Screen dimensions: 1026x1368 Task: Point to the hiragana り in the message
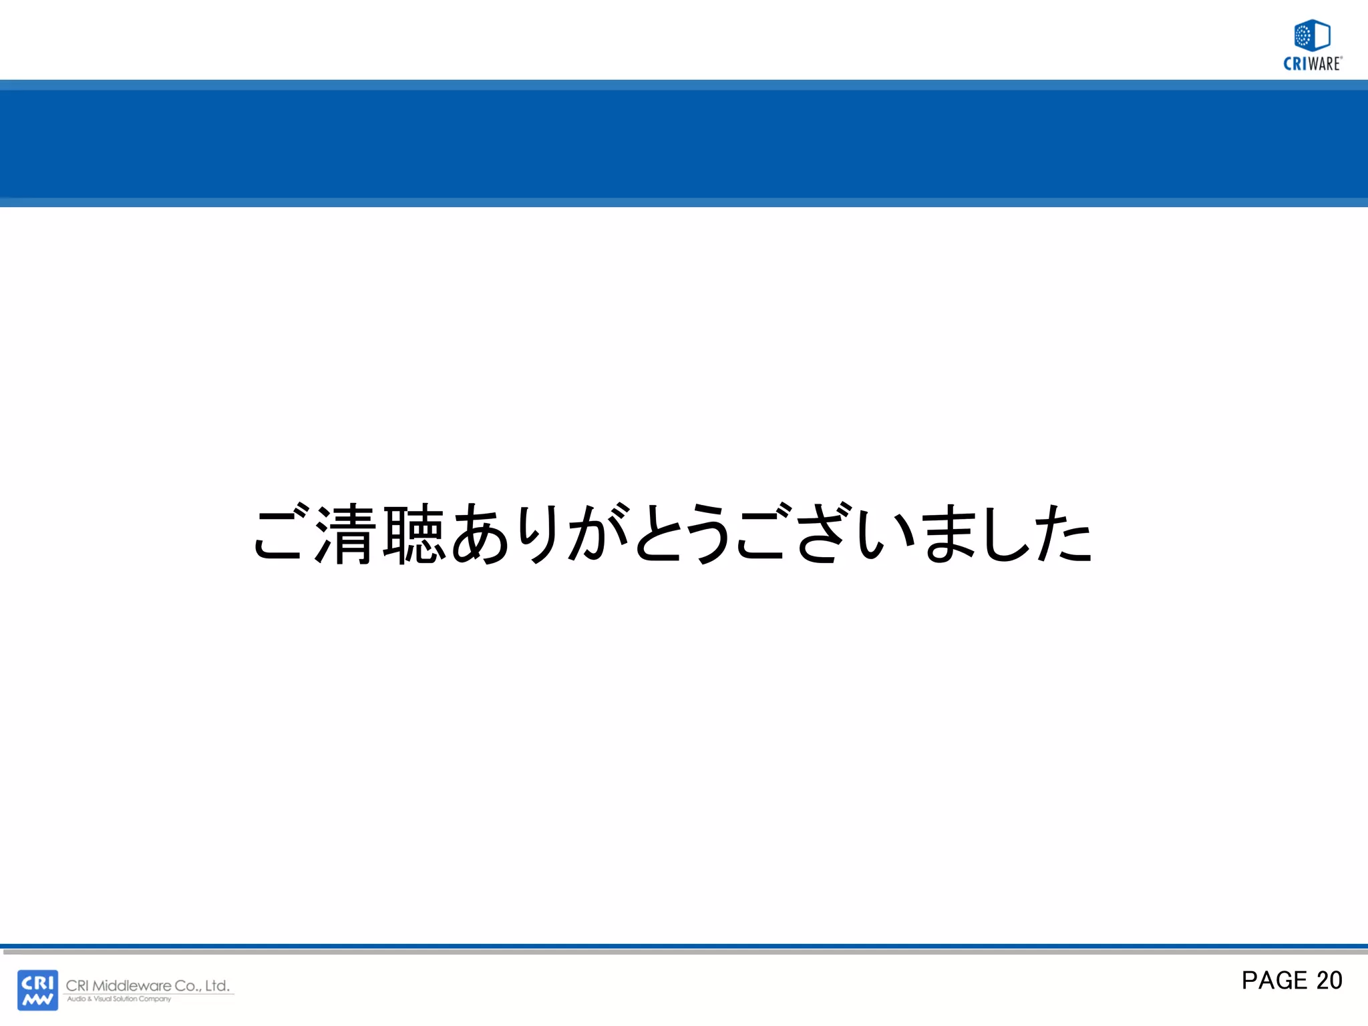tap(540, 534)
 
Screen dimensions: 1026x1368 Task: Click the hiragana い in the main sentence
tap(886, 534)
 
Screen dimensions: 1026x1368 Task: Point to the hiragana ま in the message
tap(949, 534)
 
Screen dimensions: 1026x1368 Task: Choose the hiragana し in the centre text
tap(1006, 534)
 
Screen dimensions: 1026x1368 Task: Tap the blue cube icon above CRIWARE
tap(1312, 35)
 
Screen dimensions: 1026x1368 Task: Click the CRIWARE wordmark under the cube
tap(1313, 64)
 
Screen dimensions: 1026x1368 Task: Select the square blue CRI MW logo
tap(37, 990)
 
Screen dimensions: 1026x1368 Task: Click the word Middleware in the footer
tap(132, 985)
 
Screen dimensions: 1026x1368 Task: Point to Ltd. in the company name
tap(217, 985)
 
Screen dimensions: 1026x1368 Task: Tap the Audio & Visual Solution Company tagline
tap(119, 999)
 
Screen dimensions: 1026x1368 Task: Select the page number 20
tap(1329, 981)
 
